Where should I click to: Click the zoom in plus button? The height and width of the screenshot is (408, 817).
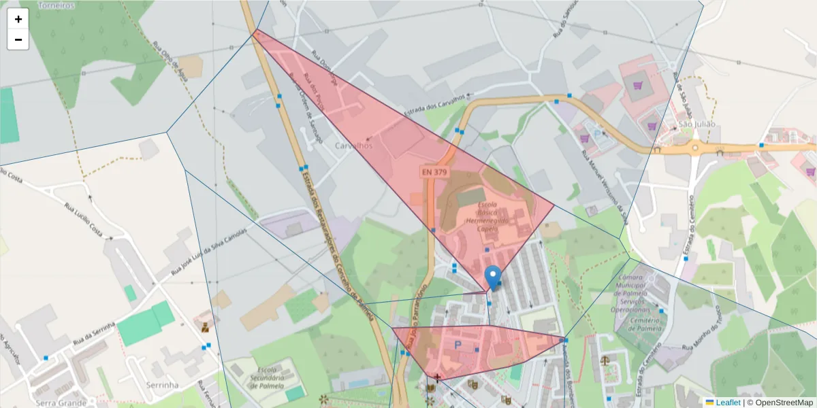[x=18, y=19]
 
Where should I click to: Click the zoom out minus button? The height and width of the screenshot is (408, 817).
[x=18, y=39]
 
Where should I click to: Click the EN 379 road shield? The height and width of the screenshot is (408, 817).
[x=434, y=173]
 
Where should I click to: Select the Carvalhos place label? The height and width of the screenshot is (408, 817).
[x=354, y=146]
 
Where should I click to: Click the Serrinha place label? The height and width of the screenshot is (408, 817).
[x=162, y=385]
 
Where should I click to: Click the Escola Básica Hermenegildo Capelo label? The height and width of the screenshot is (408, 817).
[x=487, y=217]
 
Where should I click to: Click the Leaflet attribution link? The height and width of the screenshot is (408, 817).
[x=728, y=403]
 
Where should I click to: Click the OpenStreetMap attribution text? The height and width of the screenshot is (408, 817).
[x=780, y=403]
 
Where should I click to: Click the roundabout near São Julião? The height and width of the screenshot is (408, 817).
[x=695, y=147]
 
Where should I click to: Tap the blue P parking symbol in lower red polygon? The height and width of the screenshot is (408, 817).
[x=458, y=345]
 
